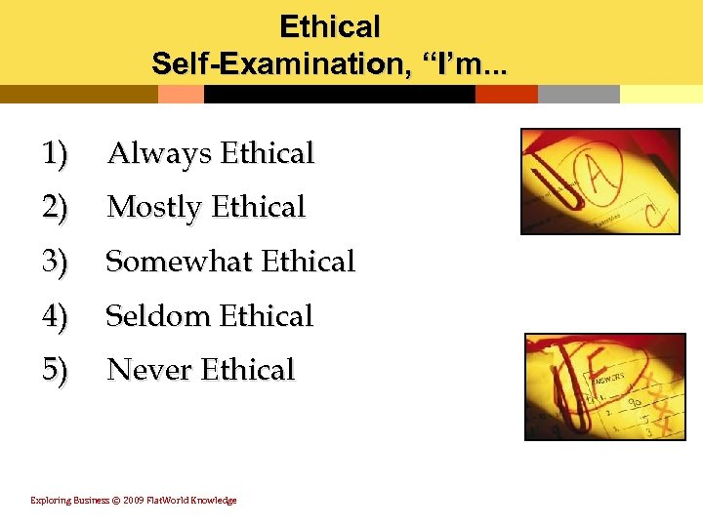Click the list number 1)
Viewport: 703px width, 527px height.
pyautogui.click(x=55, y=154)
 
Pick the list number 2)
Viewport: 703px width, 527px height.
pyautogui.click(x=55, y=208)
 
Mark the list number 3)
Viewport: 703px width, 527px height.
pyautogui.click(x=55, y=262)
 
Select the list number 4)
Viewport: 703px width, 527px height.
pyautogui.click(x=55, y=316)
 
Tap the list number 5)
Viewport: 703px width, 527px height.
pyautogui.click(x=55, y=370)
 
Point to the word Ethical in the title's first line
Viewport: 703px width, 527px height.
pyautogui.click(x=330, y=26)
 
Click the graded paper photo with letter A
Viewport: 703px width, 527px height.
pyautogui.click(x=599, y=182)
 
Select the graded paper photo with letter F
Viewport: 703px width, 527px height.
pyautogui.click(x=604, y=386)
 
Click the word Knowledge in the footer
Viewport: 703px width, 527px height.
pyautogui.click(x=214, y=501)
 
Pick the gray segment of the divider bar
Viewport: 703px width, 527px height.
pyautogui.click(x=578, y=95)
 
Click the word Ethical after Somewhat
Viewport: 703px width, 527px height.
pyautogui.click(x=309, y=262)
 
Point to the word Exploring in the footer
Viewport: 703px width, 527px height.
pyautogui.click(x=50, y=501)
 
